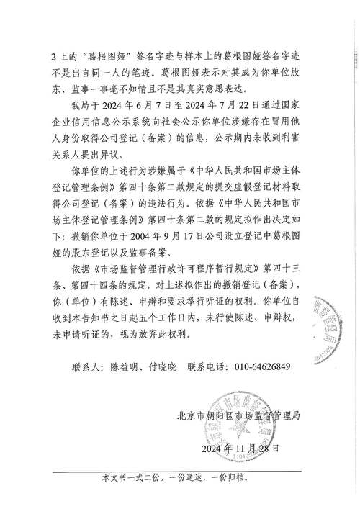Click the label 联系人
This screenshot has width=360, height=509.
click(89, 366)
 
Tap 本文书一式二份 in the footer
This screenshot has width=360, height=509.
click(130, 478)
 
